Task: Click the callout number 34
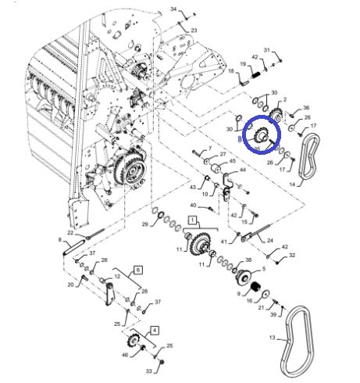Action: [x=174, y=9]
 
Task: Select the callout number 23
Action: [x=194, y=30]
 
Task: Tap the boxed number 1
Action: [x=188, y=223]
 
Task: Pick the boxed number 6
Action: [x=138, y=269]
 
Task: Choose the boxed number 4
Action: [x=154, y=330]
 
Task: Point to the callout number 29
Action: [x=144, y=224]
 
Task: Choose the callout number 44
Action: [x=243, y=170]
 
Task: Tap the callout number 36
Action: [x=306, y=108]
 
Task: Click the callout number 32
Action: [x=292, y=256]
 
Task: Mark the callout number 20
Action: [x=70, y=285]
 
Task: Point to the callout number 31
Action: [x=266, y=50]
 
